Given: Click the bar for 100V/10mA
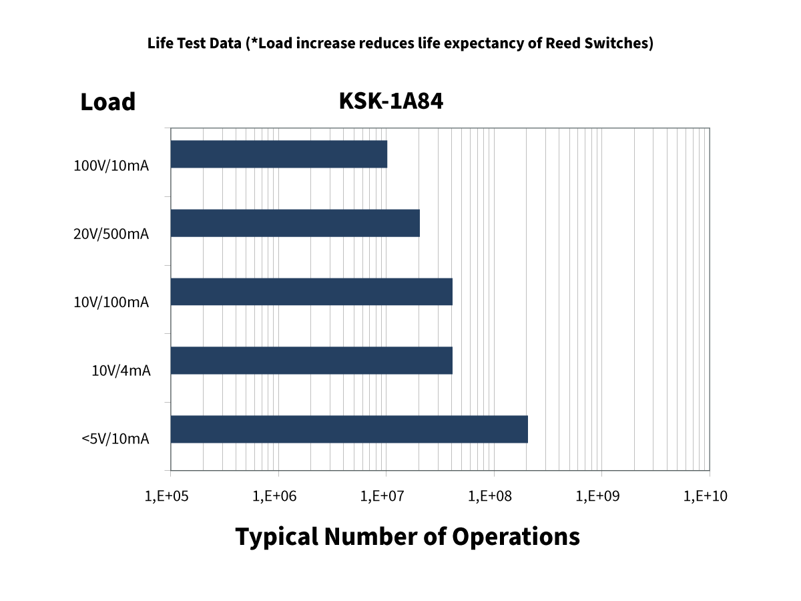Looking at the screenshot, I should tap(279, 154).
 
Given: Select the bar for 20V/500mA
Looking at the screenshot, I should tap(295, 223).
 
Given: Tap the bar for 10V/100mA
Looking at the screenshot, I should tap(312, 292).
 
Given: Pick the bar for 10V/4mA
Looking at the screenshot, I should tap(312, 361).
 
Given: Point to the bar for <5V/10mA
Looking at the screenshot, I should tap(349, 429).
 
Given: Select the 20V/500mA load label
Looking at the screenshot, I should tap(111, 234).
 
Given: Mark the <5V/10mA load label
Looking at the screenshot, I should tap(115, 439).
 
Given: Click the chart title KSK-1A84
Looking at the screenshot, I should tap(391, 102).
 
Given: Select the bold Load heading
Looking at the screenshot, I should tap(107, 102).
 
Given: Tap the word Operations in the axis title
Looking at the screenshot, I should tap(516, 537).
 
